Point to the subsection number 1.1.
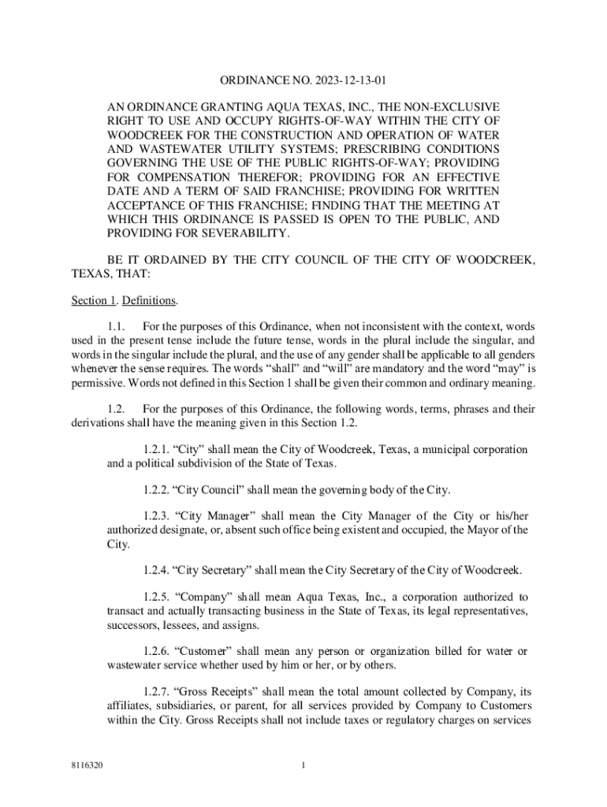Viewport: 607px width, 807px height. point(116,326)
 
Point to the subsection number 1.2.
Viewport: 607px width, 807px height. point(116,409)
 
